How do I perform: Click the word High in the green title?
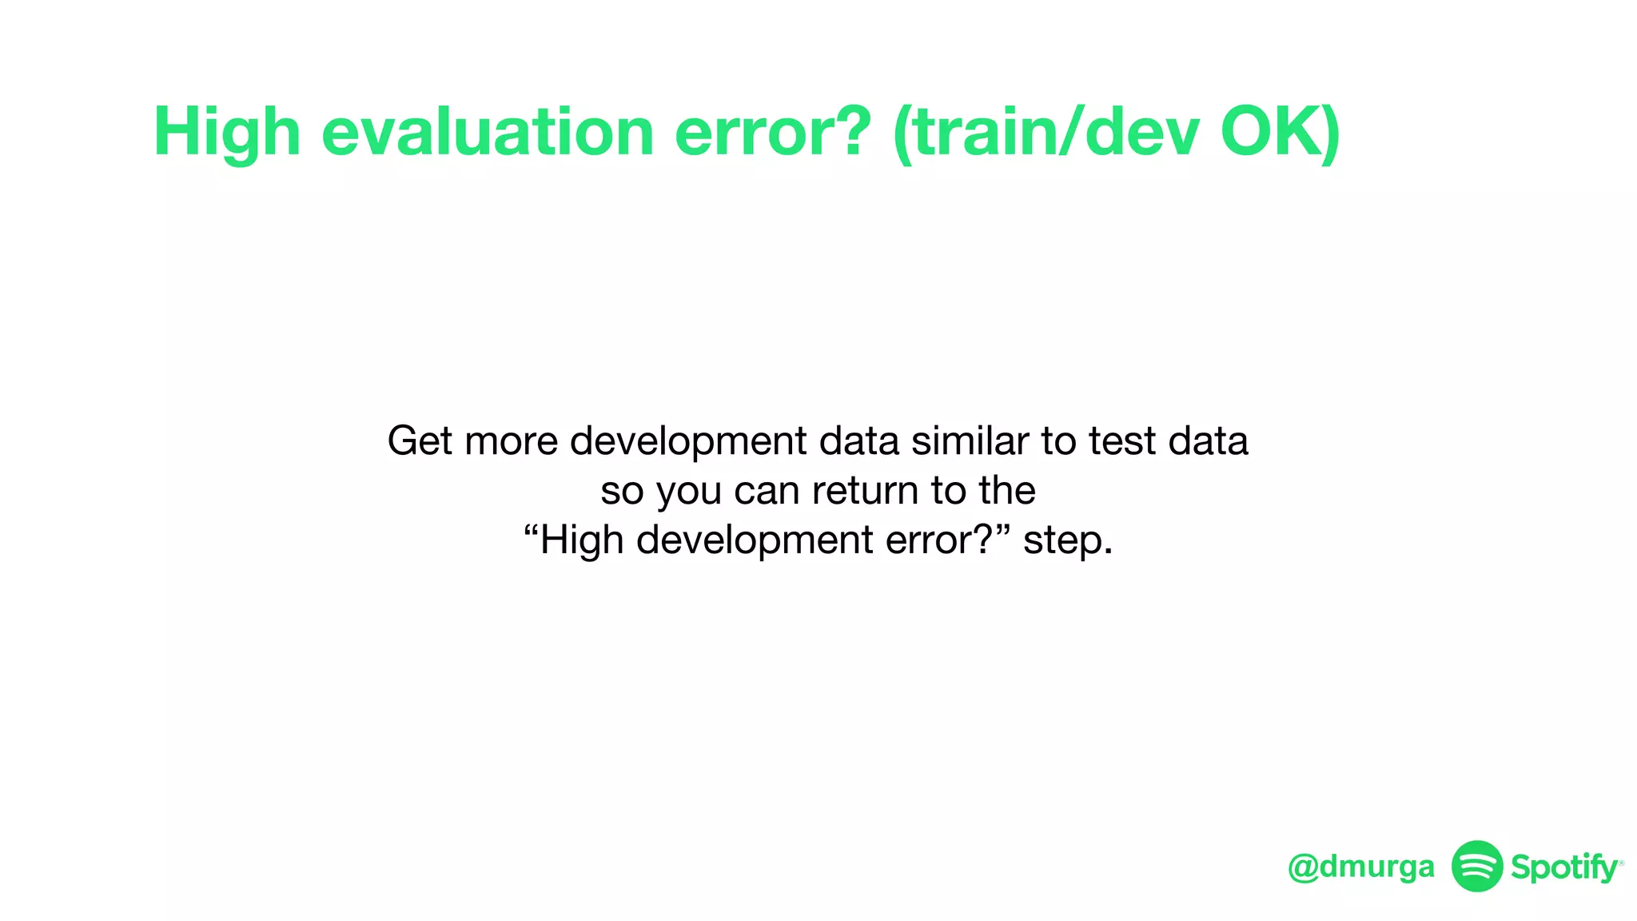pos(227,132)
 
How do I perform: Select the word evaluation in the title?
pos(488,132)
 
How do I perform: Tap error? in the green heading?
pos(773,132)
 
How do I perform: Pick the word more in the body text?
pos(512,441)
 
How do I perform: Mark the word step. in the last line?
pos(1068,540)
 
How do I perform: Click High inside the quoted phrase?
pos(581,540)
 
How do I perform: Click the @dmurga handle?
pos(1361,867)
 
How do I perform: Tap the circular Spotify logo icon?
pos(1477,866)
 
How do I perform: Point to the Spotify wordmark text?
pos(1564,867)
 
